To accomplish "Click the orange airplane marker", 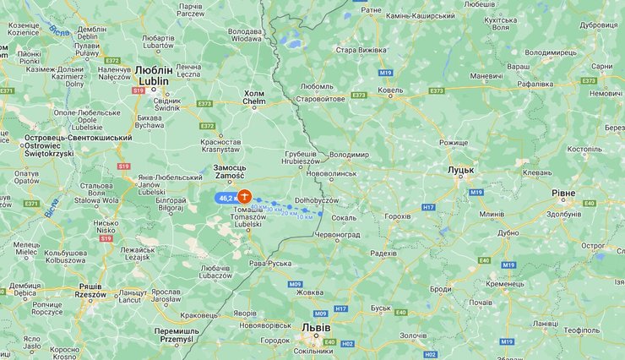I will point(244,197).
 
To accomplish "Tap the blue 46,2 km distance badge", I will point(226,198).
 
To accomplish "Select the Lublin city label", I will point(154,76).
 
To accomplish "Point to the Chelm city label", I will point(254,97).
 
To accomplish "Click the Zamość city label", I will point(230,172).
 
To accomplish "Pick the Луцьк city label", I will point(460,170).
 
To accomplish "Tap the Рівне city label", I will point(563,194).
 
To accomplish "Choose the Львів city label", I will point(316,325).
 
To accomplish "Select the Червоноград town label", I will point(338,233).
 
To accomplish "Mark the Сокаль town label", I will point(344,217).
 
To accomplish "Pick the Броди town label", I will point(441,289).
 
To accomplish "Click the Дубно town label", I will point(508,232).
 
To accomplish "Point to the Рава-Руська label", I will point(270,264).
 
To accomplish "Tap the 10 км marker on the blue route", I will point(304,216).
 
